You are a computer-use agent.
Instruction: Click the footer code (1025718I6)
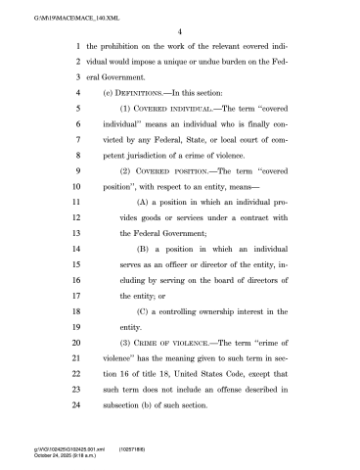[134, 446]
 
